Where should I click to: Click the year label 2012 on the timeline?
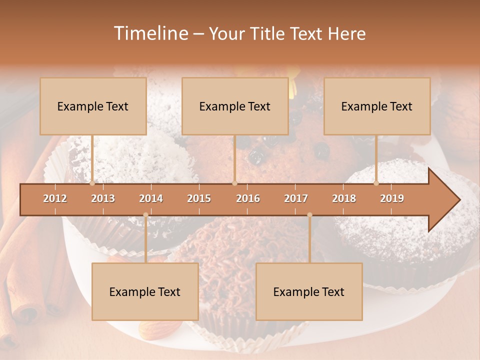[x=55, y=198]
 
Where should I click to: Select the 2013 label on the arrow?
[x=103, y=198]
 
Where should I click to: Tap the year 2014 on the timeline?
[x=151, y=198]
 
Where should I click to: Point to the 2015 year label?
[x=199, y=198]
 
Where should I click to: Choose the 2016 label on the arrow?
[x=248, y=198]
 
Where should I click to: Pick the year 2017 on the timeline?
[x=296, y=198]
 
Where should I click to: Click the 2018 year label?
[x=344, y=198]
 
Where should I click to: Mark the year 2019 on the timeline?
[x=392, y=198]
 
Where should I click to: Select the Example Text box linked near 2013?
[x=93, y=106]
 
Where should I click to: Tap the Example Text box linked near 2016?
[x=235, y=106]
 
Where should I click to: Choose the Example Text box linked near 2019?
[x=377, y=106]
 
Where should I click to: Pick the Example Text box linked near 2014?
[x=145, y=292]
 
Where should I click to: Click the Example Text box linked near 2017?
[x=309, y=292]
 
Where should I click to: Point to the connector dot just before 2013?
[x=92, y=183]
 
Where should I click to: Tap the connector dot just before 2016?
[x=234, y=183]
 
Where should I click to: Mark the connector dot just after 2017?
[x=309, y=215]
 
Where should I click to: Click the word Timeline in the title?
[x=150, y=33]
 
